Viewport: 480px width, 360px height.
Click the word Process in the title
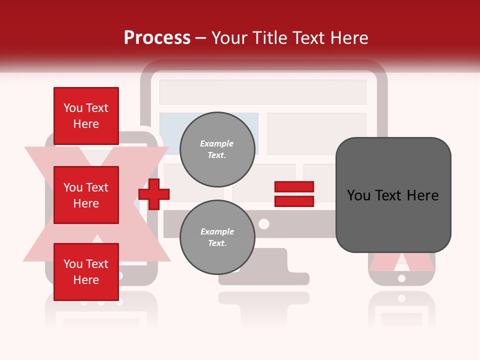pyautogui.click(x=157, y=38)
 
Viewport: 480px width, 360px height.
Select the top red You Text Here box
pyautogui.click(x=86, y=116)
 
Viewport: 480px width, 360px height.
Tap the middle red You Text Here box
pyautogui.click(x=86, y=195)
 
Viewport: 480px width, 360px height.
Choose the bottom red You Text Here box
pyautogui.click(x=86, y=272)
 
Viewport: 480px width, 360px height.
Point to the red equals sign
pyautogui.click(x=294, y=194)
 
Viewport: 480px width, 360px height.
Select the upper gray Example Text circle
pyautogui.click(x=217, y=149)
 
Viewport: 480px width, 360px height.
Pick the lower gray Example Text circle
pyautogui.click(x=217, y=237)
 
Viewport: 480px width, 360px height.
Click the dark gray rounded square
pyautogui.click(x=393, y=195)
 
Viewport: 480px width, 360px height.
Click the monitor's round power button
pyautogui.click(x=264, y=223)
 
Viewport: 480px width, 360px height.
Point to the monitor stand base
pyautogui.click(x=264, y=278)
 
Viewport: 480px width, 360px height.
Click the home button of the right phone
pyautogui.click(x=401, y=278)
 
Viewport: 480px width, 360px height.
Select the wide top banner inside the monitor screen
pyautogui.click(x=262, y=92)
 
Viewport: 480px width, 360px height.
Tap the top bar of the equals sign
pyautogui.click(x=294, y=187)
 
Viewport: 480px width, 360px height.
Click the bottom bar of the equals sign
pyautogui.click(x=294, y=201)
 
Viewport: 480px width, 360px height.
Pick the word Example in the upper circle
pyautogui.click(x=217, y=143)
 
